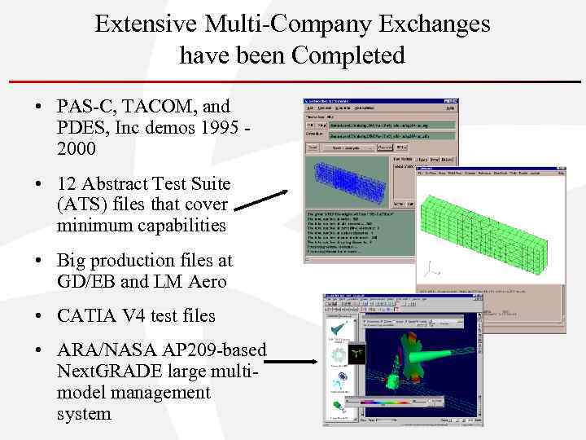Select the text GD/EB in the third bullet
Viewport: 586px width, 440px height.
(x=85, y=282)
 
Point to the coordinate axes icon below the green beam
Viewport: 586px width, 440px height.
(x=431, y=269)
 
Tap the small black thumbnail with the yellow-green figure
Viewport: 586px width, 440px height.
(x=357, y=354)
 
